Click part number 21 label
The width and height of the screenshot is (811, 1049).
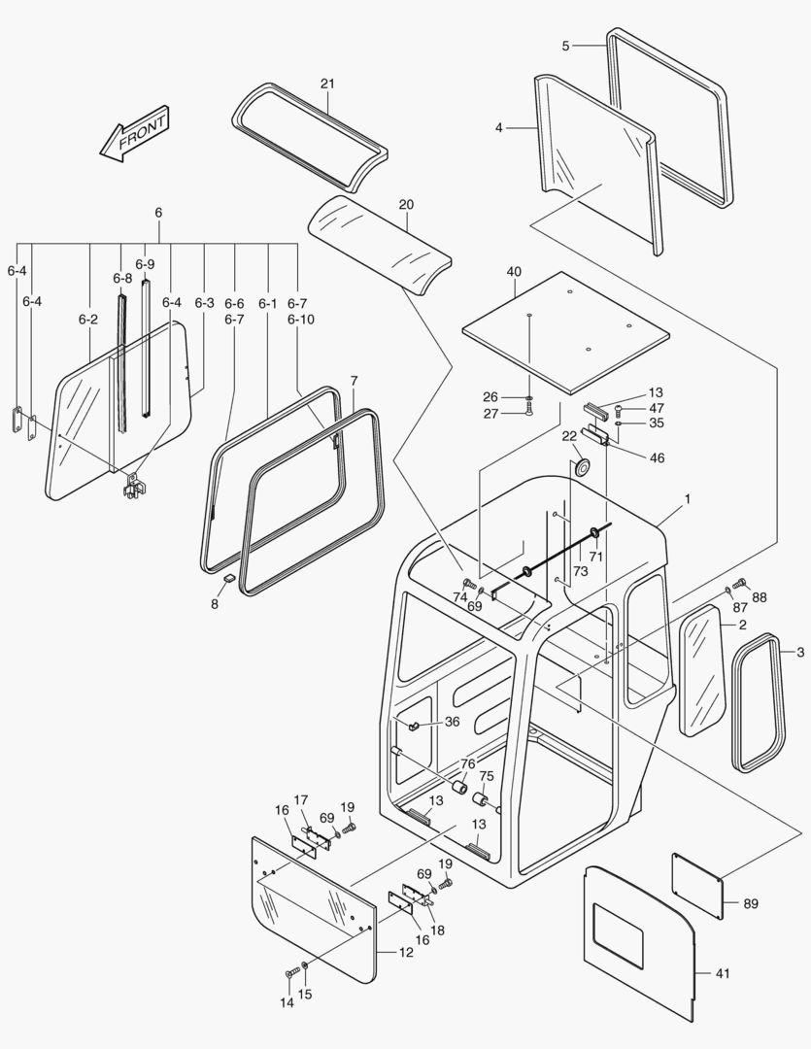pyautogui.click(x=327, y=85)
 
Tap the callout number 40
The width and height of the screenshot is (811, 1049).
pyautogui.click(x=514, y=271)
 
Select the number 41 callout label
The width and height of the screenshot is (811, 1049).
pyautogui.click(x=725, y=971)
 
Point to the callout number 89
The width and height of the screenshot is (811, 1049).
pyautogui.click(x=751, y=903)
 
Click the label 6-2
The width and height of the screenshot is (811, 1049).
pyautogui.click(x=88, y=320)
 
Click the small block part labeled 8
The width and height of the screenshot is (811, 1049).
pyautogui.click(x=228, y=578)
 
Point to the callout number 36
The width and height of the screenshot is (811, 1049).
pyautogui.click(x=452, y=722)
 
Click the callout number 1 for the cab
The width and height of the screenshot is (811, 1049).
pyautogui.click(x=687, y=499)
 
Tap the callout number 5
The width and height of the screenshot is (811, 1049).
pyautogui.click(x=566, y=46)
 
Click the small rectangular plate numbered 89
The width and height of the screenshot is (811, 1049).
pyautogui.click(x=696, y=883)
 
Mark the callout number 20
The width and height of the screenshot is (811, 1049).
pyautogui.click(x=406, y=205)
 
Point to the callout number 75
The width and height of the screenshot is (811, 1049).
pyautogui.click(x=487, y=776)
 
